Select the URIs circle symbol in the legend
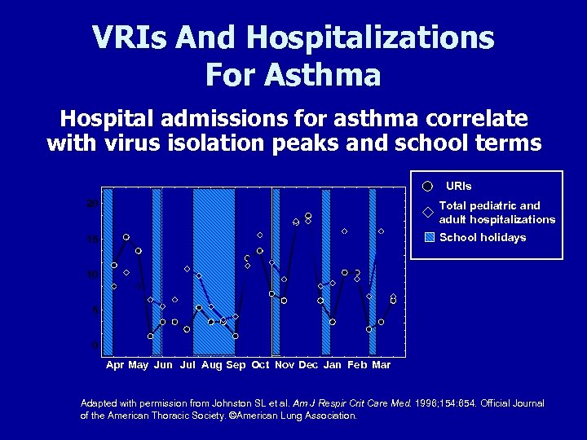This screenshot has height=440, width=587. (x=427, y=187)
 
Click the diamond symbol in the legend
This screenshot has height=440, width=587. (x=427, y=213)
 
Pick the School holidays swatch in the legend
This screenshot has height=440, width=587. (x=428, y=238)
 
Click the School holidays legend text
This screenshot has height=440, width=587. (x=483, y=238)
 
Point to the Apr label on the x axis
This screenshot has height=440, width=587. (x=115, y=365)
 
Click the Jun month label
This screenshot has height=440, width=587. (x=163, y=365)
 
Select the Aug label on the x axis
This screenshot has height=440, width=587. (x=211, y=365)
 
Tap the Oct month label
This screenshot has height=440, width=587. (x=260, y=365)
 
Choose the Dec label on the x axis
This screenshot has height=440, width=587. (x=308, y=365)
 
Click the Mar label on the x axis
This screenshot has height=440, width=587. (x=381, y=365)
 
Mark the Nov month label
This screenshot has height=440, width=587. (x=285, y=365)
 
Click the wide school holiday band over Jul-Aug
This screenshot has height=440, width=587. (x=214, y=269)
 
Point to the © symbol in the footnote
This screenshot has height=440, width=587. (x=232, y=416)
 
